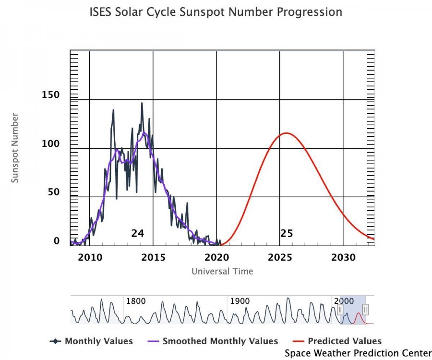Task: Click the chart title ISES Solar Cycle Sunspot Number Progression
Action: coord(216,12)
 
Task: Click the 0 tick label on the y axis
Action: coord(57,241)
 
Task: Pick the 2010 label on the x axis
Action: coord(90,258)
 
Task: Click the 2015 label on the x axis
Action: coord(153,258)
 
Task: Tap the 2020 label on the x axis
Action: coord(217,258)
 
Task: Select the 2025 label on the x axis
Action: coord(280,258)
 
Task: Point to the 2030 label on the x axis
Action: coord(343,258)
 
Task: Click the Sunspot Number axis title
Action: coord(15,148)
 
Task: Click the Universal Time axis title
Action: coord(222,272)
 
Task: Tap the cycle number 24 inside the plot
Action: coord(138,234)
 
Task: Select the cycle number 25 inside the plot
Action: coord(287,234)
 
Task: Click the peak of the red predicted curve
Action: coord(287,133)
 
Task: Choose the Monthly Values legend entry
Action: coord(98,341)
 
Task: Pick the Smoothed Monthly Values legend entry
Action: coord(220,341)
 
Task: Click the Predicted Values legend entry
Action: coord(344,341)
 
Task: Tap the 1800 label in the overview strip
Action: coord(136,301)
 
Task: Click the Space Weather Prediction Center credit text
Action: coord(358,353)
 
